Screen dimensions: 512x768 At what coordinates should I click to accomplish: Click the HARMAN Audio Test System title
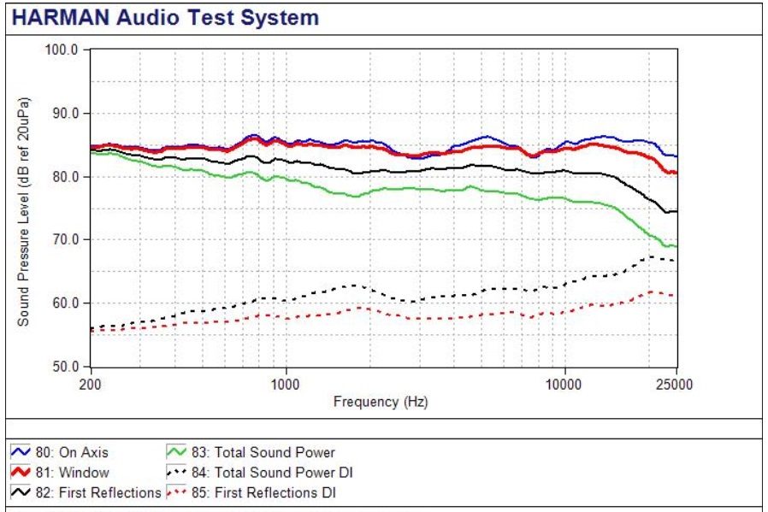coord(165,17)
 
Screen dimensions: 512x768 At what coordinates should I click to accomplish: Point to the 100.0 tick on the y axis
coord(62,50)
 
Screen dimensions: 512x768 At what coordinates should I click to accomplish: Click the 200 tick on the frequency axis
coord(91,384)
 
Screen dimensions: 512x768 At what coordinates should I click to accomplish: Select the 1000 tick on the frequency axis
coord(285,384)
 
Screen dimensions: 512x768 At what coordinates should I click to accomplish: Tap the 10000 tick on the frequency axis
coord(564,384)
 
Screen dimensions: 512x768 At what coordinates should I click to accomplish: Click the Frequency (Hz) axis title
coord(381,402)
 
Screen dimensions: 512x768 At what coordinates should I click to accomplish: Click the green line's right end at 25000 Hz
coord(676,246)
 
